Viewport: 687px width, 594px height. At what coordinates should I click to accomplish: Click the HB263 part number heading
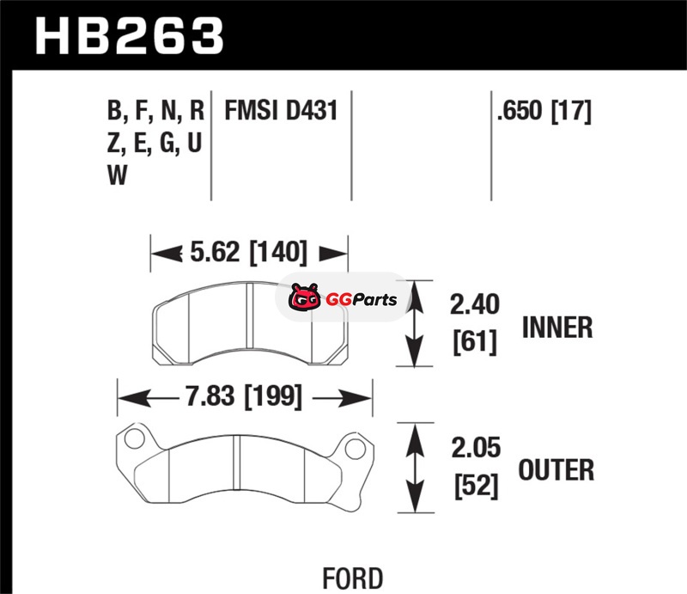pos(130,36)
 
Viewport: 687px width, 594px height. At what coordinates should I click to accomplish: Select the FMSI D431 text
pos(282,110)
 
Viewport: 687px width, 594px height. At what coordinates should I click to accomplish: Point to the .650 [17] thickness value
pos(544,111)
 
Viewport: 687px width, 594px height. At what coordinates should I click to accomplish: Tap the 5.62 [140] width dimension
pos(249,252)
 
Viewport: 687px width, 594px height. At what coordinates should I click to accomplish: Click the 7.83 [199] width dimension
pos(244,396)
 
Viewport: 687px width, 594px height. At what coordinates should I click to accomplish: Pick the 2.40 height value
pos(475,304)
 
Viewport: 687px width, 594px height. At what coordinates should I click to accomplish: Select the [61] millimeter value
pos(475,341)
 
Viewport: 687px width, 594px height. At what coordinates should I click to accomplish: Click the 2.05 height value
pos(476,448)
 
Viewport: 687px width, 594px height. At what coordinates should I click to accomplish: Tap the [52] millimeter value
pos(477,486)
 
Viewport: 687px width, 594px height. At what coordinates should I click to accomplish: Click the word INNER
pos(557,328)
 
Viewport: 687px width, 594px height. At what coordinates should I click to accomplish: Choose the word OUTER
pos(556,470)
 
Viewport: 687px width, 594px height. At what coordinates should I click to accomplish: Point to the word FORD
pos(353,579)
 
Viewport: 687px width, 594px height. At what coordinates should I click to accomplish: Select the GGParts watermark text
pos(362,300)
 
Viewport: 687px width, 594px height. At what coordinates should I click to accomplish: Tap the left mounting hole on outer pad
pos(135,438)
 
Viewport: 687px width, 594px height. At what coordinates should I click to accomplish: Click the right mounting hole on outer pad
pos(355,449)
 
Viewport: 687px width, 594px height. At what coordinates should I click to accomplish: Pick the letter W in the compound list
pos(117,175)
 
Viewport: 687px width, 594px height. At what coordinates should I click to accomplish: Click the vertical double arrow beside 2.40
pos(415,323)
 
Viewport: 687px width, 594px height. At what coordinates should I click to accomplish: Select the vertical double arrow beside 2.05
pos(415,468)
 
